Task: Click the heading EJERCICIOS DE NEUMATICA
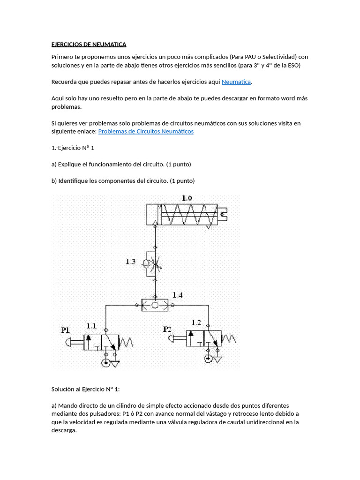(89, 45)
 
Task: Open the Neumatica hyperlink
(236, 82)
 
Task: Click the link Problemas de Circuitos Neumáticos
(146, 132)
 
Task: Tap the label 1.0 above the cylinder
(187, 198)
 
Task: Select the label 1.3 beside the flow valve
(131, 262)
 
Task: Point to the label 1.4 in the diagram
(178, 295)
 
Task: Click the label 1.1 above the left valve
(91, 326)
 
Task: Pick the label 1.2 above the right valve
(196, 322)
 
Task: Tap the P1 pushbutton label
(66, 330)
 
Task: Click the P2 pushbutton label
(167, 329)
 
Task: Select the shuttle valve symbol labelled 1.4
(155, 305)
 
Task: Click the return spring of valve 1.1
(127, 343)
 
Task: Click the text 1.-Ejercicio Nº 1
(73, 148)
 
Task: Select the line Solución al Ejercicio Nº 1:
(86, 389)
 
